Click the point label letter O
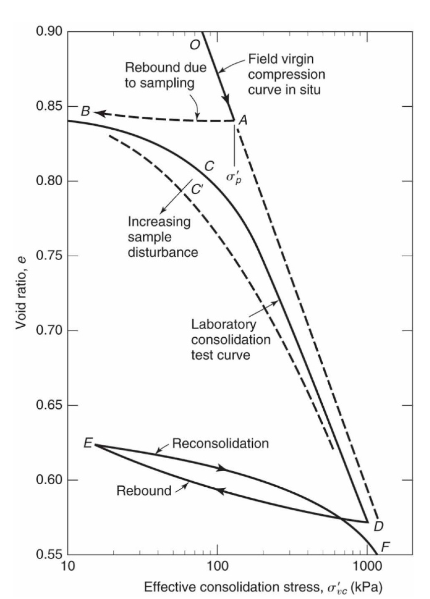[x=195, y=45]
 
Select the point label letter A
[x=243, y=119]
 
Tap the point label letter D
[x=379, y=527]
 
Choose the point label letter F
[x=386, y=546]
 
